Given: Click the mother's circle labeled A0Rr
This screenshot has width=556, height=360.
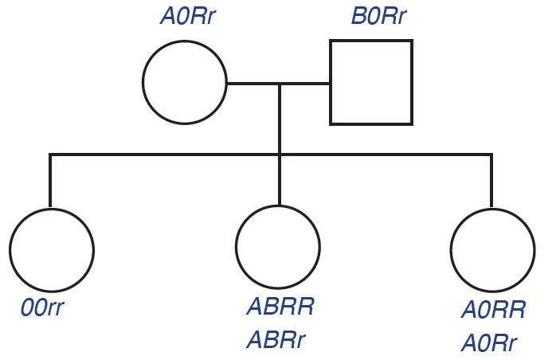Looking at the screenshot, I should tap(184, 82).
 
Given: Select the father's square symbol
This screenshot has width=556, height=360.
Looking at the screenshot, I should tap(371, 82).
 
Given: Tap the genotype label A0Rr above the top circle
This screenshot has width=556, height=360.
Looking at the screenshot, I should tap(187, 18).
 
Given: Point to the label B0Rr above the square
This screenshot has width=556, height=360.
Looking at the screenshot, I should tap(380, 18).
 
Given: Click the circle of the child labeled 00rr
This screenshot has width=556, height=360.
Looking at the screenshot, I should tap(51, 249).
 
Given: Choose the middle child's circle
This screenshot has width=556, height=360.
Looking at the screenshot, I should tap(279, 247).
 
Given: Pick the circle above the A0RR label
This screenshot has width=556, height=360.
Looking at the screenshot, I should tap(492, 249).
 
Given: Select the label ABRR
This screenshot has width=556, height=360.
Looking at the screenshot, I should tap(280, 307).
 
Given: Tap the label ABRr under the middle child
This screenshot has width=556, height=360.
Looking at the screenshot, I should tap(276, 341).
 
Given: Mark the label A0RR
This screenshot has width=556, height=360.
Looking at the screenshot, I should tap(494, 311).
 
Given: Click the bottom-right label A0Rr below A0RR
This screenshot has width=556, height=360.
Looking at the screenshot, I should tap(489, 344).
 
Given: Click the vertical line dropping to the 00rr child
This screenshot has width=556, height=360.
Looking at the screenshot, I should tap(50, 180).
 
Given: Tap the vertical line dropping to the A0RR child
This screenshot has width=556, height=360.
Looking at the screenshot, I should tap(491, 181).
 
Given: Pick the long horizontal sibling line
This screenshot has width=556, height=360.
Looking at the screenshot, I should tap(159, 154).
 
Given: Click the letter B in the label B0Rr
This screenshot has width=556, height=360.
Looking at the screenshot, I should tap(359, 18).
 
